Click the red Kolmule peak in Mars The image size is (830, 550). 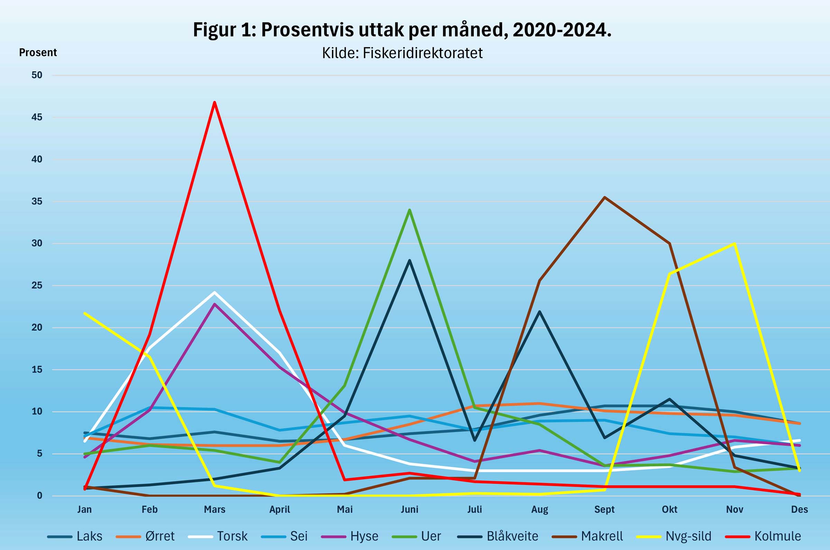pos(214,102)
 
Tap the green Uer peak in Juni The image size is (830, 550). pos(409,210)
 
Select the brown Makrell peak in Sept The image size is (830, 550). pos(605,197)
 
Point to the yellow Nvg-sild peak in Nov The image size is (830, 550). pos(734,243)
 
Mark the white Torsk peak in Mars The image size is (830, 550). pos(214,292)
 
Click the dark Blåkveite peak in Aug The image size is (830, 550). pos(539,311)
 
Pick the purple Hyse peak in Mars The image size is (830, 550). pos(214,304)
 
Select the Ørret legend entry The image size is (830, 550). pos(145,536)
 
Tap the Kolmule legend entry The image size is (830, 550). pos(763,536)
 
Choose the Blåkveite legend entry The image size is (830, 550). pos(498,536)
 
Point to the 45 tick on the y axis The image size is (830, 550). pos(37,117)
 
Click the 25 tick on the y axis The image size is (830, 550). pos(37,286)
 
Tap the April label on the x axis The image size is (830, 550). pos(279,510)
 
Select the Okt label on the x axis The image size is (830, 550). pos(669,510)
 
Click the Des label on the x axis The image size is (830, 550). pos(799,510)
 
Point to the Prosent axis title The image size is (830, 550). pos(38,53)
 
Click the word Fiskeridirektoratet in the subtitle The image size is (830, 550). pos(422,53)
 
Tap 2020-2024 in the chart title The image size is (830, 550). pos(562,30)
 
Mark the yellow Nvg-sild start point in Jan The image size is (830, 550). pos(85,313)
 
